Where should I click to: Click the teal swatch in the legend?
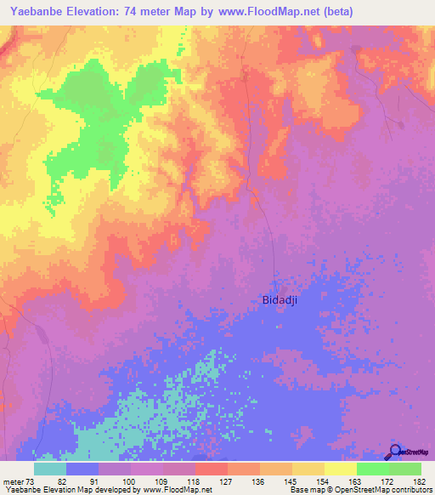[50, 469]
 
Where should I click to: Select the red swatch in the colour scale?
[212, 469]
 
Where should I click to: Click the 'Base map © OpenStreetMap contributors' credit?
[360, 490]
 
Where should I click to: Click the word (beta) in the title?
[336, 11]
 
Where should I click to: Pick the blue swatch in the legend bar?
[82, 469]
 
